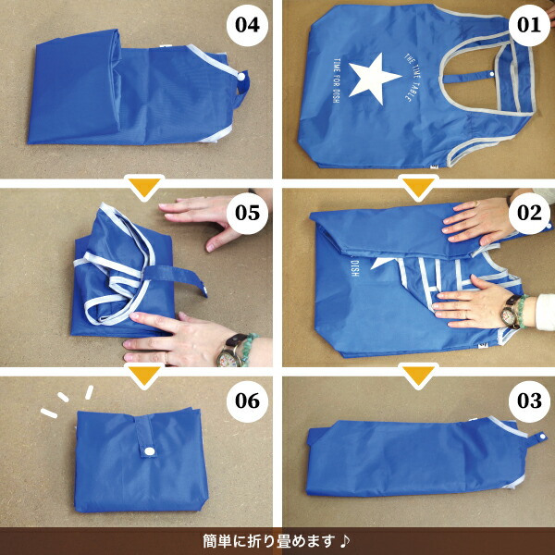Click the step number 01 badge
529,25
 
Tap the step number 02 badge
529,213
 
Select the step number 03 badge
529,401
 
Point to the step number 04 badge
247,25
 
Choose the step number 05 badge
247,213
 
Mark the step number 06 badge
247,401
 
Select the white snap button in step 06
150,451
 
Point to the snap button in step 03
541,437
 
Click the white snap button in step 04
241,77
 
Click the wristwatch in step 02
511,311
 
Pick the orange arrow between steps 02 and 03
419,376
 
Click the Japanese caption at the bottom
269,541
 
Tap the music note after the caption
345,541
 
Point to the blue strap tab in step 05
176,277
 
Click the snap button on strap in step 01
492,74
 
